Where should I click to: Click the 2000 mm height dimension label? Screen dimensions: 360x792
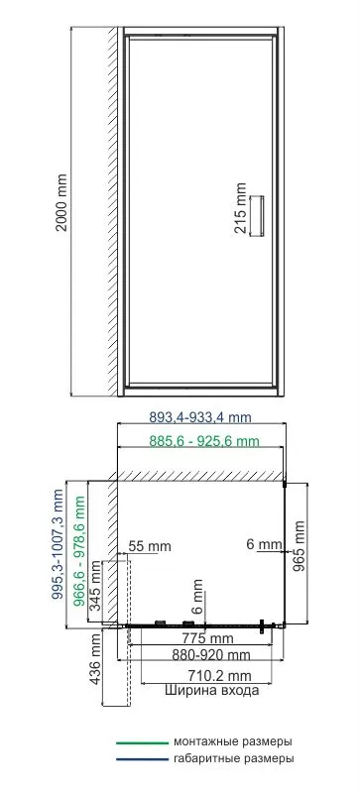pos(61,202)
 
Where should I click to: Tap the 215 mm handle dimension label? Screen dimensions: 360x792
pos(241,208)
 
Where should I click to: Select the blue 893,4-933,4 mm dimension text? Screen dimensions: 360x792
pos(200,417)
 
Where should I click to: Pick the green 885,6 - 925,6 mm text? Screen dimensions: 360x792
pos(204,441)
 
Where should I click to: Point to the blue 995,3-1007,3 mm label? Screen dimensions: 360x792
pos(59,544)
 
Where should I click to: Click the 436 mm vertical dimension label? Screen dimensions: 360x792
pos(95,659)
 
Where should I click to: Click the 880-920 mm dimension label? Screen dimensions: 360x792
pos(211,655)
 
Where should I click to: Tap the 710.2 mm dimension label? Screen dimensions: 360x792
pos(219,675)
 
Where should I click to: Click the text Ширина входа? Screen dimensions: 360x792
pos(212,691)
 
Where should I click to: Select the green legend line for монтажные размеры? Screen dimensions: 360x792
pos(142,743)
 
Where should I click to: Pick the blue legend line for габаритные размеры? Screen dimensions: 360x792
pos(142,759)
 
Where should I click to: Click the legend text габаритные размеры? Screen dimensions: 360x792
pos(234,758)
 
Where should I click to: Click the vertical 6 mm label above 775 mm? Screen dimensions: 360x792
pos(197,596)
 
